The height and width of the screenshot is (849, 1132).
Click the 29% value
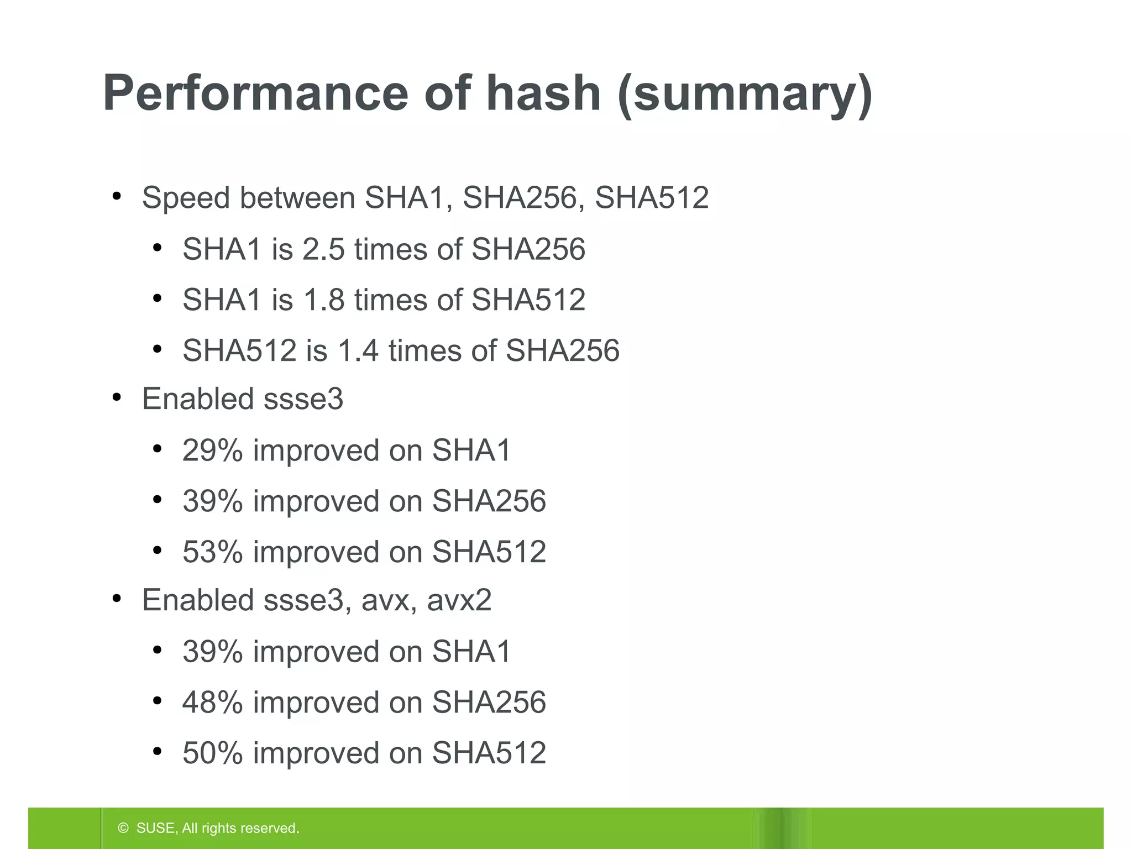click(212, 450)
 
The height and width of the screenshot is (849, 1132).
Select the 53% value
click(212, 552)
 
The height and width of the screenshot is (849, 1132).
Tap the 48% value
click(212, 702)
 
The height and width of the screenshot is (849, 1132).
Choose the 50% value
click(212, 753)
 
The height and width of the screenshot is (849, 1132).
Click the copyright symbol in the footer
click(123, 828)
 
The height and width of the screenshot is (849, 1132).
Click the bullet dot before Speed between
click(116, 197)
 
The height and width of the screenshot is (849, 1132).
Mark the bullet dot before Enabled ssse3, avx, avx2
click(116, 599)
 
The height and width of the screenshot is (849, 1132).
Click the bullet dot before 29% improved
click(157, 449)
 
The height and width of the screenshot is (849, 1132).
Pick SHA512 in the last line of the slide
click(489, 753)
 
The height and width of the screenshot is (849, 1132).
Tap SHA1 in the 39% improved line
click(471, 651)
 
